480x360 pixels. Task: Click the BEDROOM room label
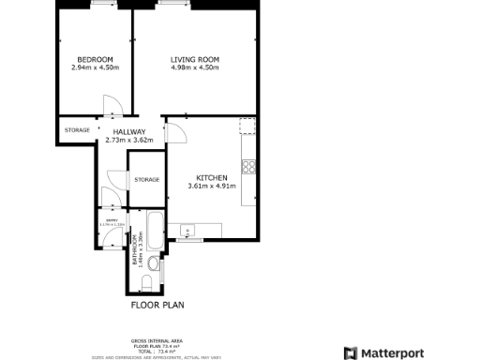tap(95, 60)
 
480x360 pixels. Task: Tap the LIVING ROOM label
tap(195, 60)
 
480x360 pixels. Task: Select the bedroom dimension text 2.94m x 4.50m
tap(95, 67)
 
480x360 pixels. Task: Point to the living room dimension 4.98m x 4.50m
tap(195, 67)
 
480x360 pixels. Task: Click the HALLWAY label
tap(129, 132)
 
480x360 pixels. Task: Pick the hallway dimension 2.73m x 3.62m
tap(129, 141)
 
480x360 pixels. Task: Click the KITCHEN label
tap(211, 177)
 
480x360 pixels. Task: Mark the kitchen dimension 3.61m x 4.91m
tap(211, 186)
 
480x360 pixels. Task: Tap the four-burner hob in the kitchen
tap(249, 168)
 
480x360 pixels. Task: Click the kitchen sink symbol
tap(187, 230)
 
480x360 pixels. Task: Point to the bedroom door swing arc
tap(110, 104)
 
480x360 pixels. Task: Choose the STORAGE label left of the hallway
tap(77, 130)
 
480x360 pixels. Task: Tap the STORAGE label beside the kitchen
tap(146, 179)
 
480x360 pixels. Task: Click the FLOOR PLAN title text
tap(156, 305)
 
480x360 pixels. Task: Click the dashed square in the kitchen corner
tap(247, 127)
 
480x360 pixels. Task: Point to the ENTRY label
tap(110, 220)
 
